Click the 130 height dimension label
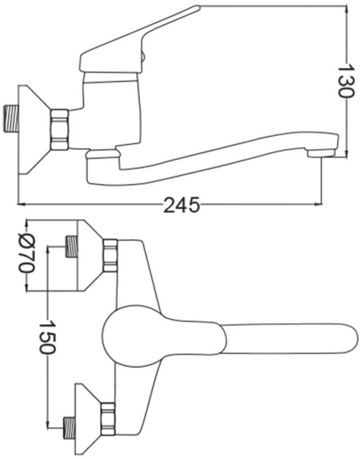(346, 80)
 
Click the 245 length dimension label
(182, 204)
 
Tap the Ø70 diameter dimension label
(28, 252)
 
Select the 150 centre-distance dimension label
(47, 337)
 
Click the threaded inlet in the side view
(11, 119)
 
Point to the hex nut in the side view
(60, 130)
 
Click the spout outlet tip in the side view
(322, 153)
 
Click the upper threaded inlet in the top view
(71, 246)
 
